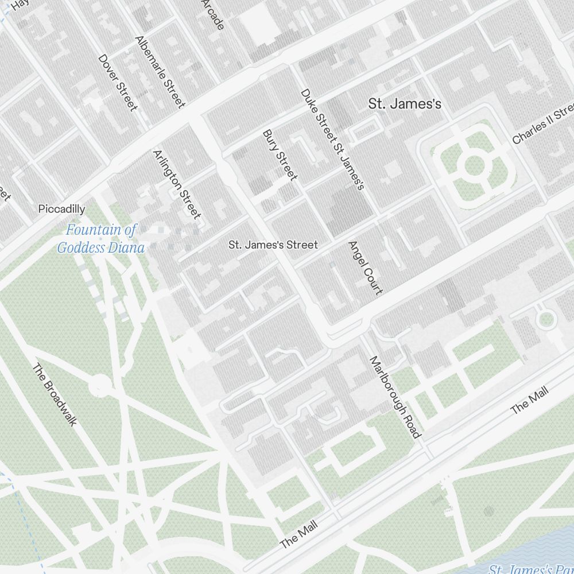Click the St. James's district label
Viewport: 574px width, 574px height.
[x=404, y=104]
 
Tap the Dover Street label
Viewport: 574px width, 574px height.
[x=118, y=82]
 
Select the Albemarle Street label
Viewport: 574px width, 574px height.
[x=160, y=72]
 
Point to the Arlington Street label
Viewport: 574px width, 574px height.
[x=177, y=184]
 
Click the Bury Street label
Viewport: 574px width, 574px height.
[x=280, y=154]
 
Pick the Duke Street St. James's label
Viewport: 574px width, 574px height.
[x=332, y=139]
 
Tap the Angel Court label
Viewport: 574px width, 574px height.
[x=365, y=267]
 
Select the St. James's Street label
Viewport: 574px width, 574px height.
[x=273, y=245]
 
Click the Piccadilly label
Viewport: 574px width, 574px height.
[x=61, y=209]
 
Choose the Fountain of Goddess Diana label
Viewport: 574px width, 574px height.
[x=100, y=239]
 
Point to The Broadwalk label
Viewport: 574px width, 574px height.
[x=55, y=394]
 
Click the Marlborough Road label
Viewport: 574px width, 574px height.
[x=395, y=397]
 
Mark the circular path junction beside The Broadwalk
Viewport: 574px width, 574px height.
[x=100, y=385]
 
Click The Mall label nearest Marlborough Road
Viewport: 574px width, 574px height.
[x=529, y=400]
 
